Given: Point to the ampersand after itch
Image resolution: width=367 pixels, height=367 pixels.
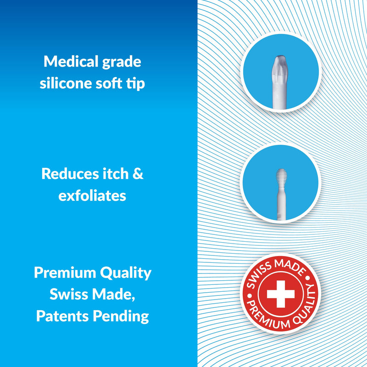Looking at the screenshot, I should tap(138, 174).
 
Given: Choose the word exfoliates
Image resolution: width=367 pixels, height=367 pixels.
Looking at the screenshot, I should tap(92, 196).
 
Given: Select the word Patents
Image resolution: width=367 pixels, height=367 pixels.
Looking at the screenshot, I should tap(62, 317).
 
